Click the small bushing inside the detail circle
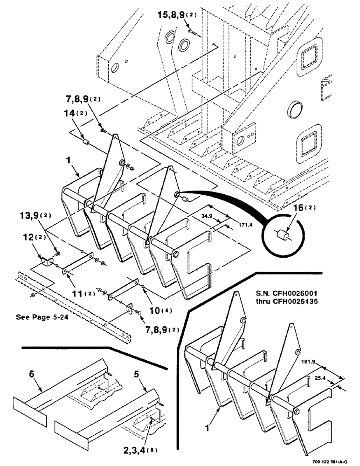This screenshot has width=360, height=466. [x=283, y=236]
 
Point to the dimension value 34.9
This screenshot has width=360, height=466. [x=209, y=216]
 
